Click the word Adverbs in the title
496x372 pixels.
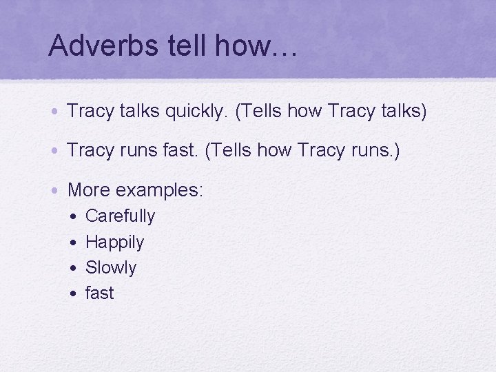pos(95,46)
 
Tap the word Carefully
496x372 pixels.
pos(120,216)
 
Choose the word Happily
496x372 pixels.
pos(114,242)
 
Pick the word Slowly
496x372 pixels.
pos(111,267)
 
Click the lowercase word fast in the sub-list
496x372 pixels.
pos(99,293)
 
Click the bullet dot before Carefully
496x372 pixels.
pos(73,217)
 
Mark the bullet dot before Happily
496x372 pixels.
pos(73,242)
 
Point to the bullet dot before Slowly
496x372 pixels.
pos(73,268)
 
